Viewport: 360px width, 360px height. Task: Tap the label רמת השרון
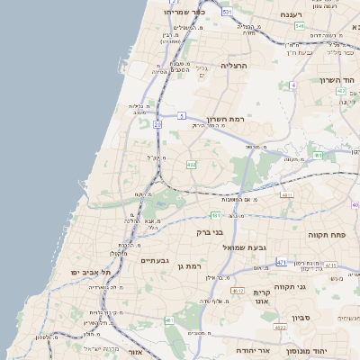(226, 119)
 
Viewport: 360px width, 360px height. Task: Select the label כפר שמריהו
(185, 13)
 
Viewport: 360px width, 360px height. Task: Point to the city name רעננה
(290, 14)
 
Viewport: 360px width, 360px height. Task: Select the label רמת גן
(193, 266)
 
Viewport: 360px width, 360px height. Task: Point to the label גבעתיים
(155, 260)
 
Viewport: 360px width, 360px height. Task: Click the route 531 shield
(227, 12)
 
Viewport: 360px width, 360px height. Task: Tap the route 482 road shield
(192, 165)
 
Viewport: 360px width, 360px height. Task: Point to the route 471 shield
(281, 262)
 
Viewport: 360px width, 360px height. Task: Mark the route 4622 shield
(280, 328)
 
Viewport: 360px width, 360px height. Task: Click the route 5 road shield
(181, 115)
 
